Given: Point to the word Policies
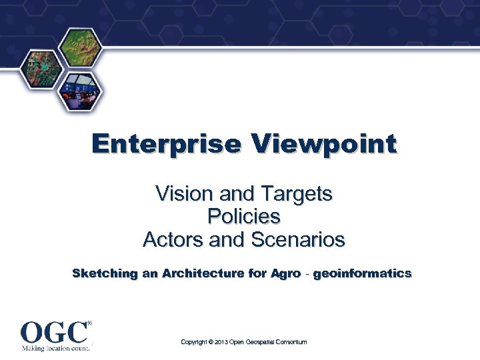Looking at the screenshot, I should click(244, 217).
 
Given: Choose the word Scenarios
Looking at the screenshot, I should click(297, 239).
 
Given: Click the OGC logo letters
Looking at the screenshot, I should click(53, 331).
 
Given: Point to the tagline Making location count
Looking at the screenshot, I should click(55, 347).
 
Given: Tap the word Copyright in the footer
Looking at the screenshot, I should click(194, 342).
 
